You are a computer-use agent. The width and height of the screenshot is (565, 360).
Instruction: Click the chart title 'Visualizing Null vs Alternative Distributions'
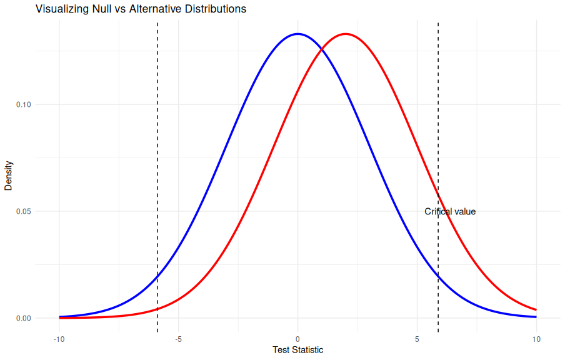pyautogui.click(x=141, y=9)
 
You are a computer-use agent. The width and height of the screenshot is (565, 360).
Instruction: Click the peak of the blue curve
pyautogui.click(x=297, y=34)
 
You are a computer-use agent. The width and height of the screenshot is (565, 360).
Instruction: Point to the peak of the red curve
pyautogui.click(x=345, y=34)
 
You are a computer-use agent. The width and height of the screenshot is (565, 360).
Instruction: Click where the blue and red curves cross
pyautogui.click(x=321, y=48)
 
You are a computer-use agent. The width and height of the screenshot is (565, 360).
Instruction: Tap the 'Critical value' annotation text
pyautogui.click(x=450, y=212)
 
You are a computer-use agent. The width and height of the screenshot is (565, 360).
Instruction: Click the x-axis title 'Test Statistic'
pyautogui.click(x=298, y=350)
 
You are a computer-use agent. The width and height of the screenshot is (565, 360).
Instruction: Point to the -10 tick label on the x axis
pyautogui.click(x=59, y=339)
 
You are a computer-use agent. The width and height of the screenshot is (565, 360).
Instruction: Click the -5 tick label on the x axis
pyautogui.click(x=178, y=339)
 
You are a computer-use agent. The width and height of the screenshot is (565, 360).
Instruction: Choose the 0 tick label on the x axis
pyautogui.click(x=297, y=339)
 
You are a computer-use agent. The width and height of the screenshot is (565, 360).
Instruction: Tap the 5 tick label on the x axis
pyautogui.click(x=417, y=339)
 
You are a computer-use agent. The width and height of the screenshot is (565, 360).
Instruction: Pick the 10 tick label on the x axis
pyautogui.click(x=536, y=339)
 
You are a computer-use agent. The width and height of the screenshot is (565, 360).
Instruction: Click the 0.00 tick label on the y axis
pyautogui.click(x=23, y=318)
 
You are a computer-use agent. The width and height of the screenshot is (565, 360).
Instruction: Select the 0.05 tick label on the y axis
pyautogui.click(x=23, y=211)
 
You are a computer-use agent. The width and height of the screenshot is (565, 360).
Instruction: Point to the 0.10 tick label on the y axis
pyautogui.click(x=23, y=104)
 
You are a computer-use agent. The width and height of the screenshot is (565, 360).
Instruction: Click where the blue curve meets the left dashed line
pyautogui.click(x=157, y=276)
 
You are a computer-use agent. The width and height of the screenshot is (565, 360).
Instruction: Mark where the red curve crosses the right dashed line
pyautogui.click(x=438, y=197)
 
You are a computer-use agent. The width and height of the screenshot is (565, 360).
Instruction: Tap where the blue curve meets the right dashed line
pyautogui.click(x=438, y=276)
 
